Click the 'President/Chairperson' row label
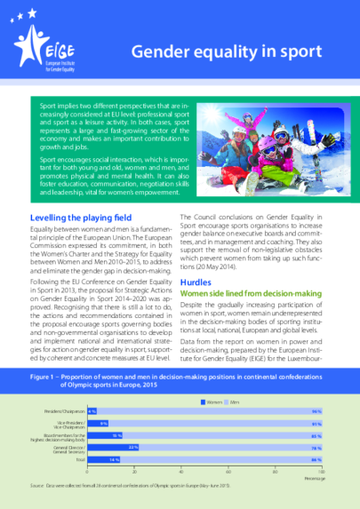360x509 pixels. click(64, 412)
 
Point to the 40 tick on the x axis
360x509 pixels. click(181, 468)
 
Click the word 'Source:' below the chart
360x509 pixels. click(36, 486)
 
